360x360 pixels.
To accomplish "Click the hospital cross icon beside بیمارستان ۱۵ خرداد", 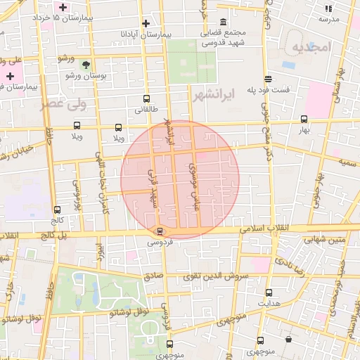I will [63, 7].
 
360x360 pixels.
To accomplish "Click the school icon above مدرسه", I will [328, 8].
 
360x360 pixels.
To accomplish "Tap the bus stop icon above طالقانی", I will [146, 99].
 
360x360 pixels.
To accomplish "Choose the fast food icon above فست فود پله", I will [268, 79].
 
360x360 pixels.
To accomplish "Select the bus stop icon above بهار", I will [304, 119].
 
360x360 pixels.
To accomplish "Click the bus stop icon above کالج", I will [57, 210].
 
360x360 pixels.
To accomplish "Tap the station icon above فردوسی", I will [160, 231].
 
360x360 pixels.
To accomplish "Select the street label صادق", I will [154, 276].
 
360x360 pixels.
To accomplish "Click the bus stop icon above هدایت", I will [269, 292].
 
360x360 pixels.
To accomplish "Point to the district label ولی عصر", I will [83, 105].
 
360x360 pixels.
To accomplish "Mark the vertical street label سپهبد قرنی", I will [152, 188].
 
